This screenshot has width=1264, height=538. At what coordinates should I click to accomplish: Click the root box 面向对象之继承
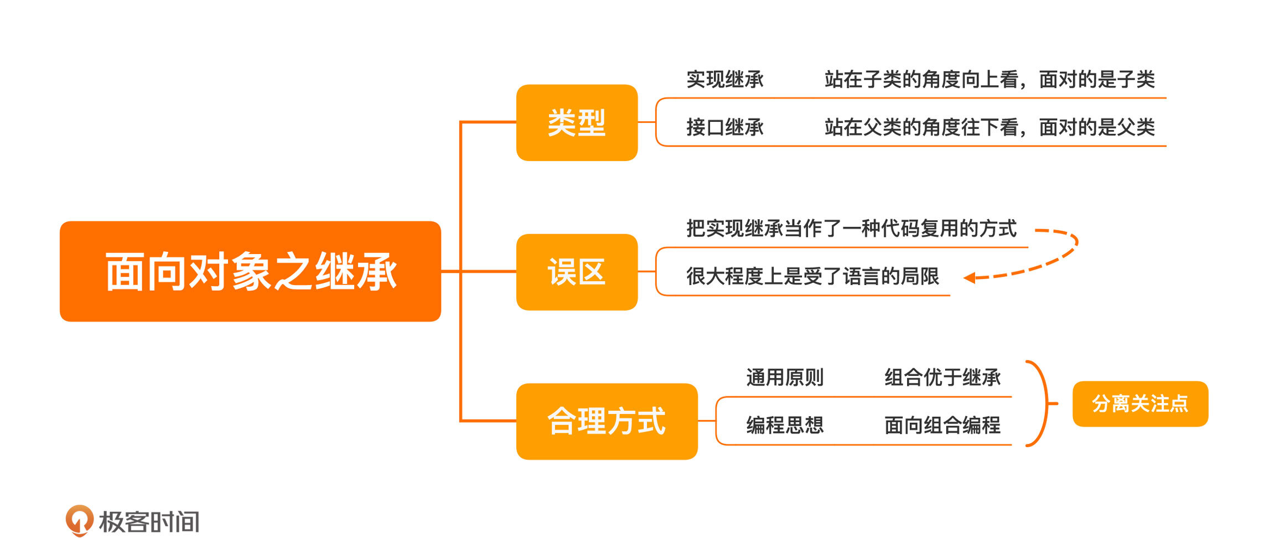point(250,271)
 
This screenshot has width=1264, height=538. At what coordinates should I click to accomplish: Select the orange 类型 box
point(577,123)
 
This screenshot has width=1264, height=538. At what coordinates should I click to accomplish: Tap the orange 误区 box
point(577,272)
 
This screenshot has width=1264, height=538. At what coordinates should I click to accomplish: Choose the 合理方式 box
point(607,421)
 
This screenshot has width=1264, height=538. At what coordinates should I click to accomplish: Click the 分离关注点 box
point(1140,403)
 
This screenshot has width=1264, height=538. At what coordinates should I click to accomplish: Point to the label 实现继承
point(725,80)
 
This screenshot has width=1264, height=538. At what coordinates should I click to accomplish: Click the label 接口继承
point(725,127)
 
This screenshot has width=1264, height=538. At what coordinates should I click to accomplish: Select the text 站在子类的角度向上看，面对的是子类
point(990,80)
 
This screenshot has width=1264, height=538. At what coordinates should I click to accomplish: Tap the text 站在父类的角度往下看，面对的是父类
point(990,127)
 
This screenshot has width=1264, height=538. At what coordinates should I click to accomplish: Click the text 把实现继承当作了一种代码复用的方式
point(851,228)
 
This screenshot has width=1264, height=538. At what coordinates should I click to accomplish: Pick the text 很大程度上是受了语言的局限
point(812,276)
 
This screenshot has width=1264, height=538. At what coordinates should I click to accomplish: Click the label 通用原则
point(785,377)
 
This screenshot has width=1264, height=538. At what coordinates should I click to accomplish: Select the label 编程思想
point(785,425)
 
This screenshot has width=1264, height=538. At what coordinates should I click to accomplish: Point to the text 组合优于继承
point(942,377)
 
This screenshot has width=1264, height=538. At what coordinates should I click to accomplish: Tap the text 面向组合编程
point(942,425)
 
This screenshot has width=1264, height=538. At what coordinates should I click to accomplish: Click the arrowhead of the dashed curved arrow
point(970,278)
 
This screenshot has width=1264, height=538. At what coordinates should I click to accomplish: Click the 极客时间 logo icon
point(79,520)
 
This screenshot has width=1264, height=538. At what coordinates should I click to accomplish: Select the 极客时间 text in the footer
point(149,521)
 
